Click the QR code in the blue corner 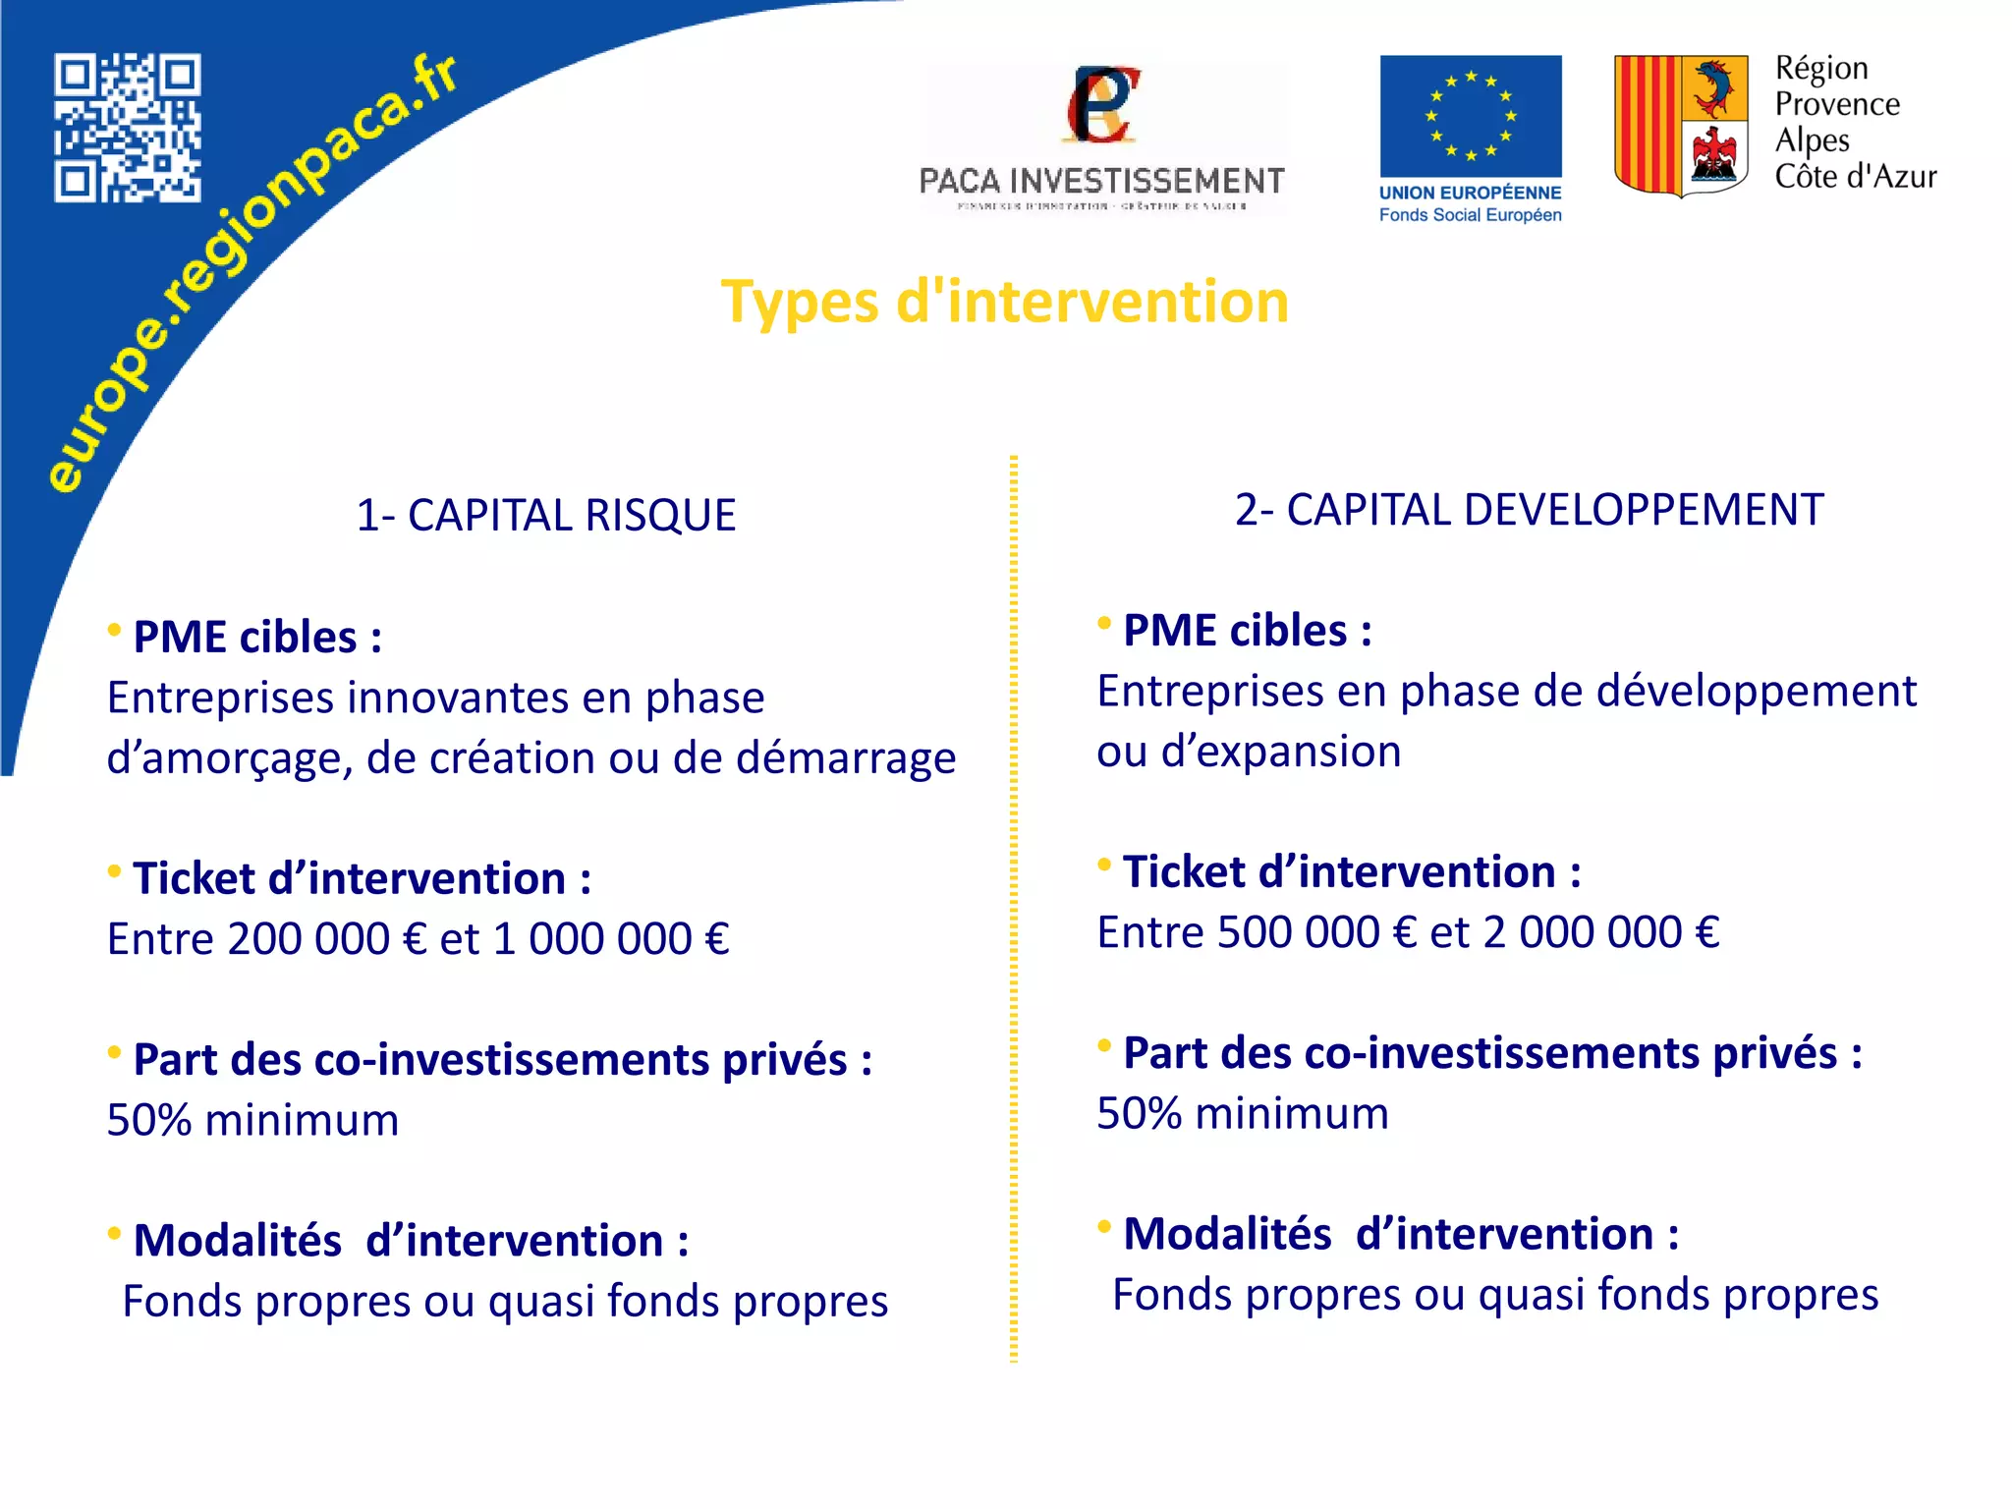pos(127,128)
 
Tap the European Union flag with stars pos(1470,116)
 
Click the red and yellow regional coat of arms pos(1681,125)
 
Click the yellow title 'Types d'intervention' pos(1004,302)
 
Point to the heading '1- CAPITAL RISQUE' pos(545,516)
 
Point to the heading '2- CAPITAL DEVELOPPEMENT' pos(1529,510)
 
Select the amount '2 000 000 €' pos(1601,932)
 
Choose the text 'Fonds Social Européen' pos(1470,215)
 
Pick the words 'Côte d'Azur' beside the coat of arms pos(1855,177)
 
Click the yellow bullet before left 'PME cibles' pos(115,630)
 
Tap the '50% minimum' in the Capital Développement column pos(1242,1114)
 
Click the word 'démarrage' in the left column pos(845,758)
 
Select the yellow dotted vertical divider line pos(1013,909)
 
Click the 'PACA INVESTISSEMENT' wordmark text pos(1101,181)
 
